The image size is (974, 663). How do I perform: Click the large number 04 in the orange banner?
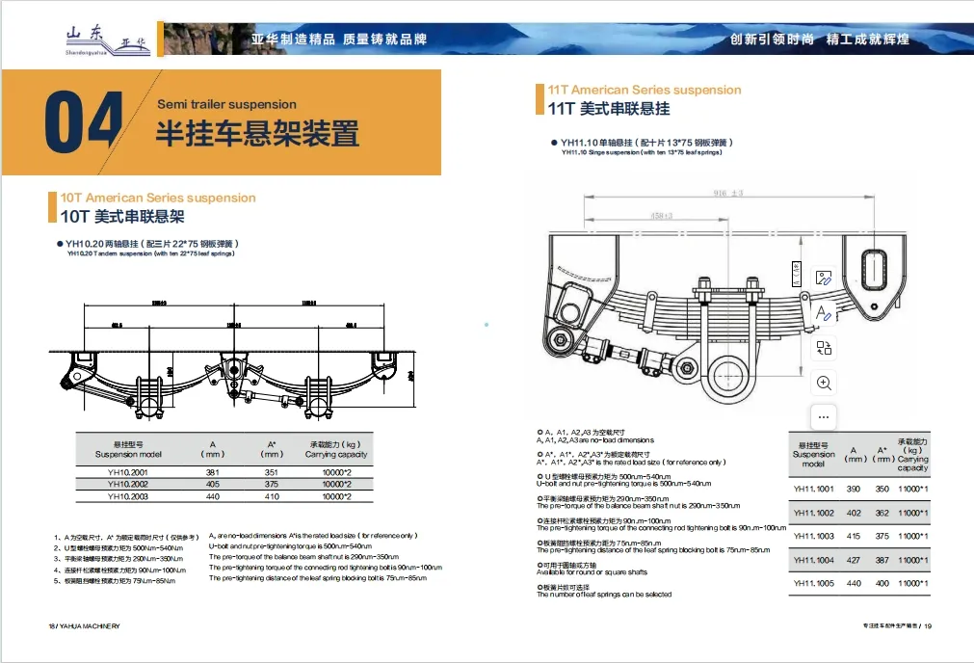point(84,121)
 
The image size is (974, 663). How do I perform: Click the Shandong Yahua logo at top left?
point(100,36)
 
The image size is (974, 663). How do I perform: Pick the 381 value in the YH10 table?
point(213,471)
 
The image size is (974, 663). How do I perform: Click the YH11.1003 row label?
point(813,536)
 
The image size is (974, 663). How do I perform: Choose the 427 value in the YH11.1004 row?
point(854,560)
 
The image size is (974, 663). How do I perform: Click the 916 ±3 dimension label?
point(728,194)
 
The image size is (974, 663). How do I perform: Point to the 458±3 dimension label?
point(661,215)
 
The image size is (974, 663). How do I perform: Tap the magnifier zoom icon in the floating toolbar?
point(824,383)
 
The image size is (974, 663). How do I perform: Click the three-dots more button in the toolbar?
point(824,417)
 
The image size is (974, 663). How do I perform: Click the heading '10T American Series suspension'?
point(158,198)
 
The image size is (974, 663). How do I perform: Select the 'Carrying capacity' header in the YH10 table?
point(336,449)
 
